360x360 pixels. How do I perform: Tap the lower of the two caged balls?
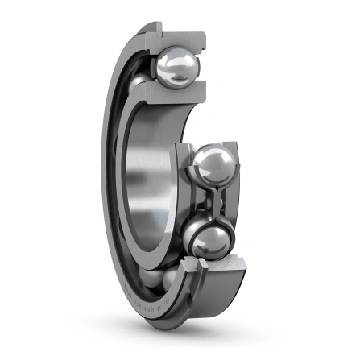click(x=211, y=239)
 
